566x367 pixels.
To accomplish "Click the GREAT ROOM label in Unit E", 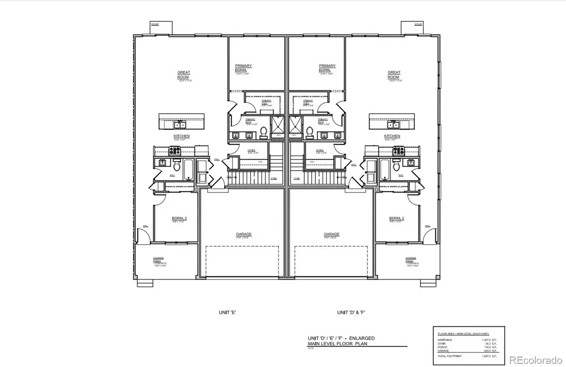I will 183,75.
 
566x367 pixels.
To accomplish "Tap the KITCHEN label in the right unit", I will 392,136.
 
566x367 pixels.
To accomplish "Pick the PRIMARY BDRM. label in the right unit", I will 327,68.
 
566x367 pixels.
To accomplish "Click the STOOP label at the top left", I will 155,23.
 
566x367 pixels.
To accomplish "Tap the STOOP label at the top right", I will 418,23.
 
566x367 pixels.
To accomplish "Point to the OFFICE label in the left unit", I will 251,151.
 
